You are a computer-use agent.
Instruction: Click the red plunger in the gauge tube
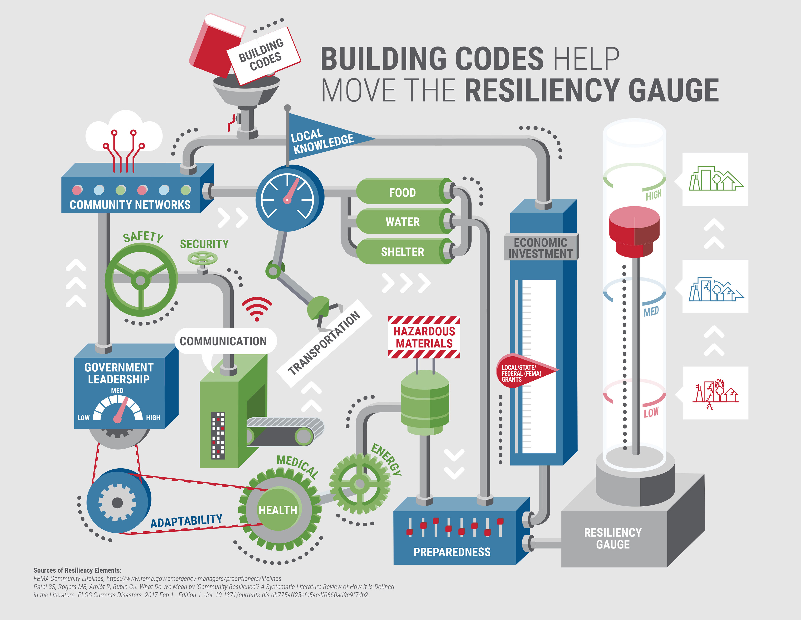(x=634, y=231)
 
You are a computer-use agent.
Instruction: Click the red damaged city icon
(x=715, y=393)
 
